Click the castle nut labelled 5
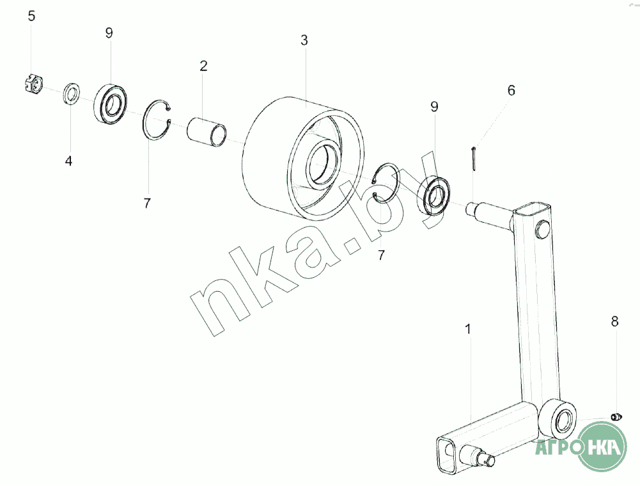coord(33,83)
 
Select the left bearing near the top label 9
coord(110,102)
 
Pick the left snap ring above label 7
coord(157,120)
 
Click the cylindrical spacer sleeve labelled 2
coord(207,132)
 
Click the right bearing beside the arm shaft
coord(435,195)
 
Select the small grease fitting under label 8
coord(616,417)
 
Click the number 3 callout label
coord(304,40)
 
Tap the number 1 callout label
coord(468,330)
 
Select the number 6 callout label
coord(511,90)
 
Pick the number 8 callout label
coord(614,322)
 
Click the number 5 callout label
coord(31,17)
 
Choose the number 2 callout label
coord(203,66)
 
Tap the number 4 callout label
coord(68,161)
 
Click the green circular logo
coord(602,446)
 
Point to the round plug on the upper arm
coord(543,229)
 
